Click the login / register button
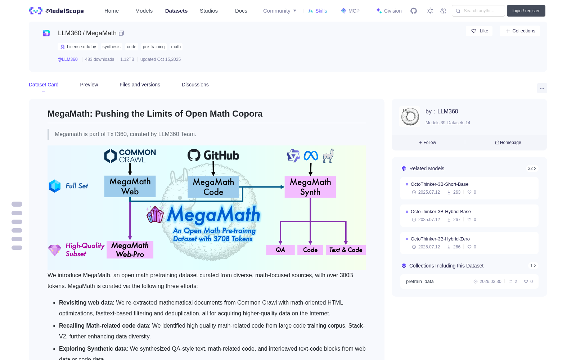pos(526,11)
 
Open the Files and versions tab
pos(140,85)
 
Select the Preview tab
pos(89,85)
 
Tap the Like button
pos(479,31)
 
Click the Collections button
pos(520,31)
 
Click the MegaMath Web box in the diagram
pos(130,186)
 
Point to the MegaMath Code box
pos(213,187)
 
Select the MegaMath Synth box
pos(310,187)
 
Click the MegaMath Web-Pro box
pos(130,249)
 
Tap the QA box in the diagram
pos(280,250)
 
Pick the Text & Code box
pos(346,250)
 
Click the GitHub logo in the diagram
pos(213,155)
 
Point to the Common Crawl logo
pos(130,156)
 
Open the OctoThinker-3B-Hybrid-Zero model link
pos(440,239)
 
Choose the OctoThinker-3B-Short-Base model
pos(440,184)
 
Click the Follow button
pos(427,143)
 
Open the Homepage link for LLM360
pos(508,143)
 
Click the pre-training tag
pos(153,47)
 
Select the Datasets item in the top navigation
pos(176,11)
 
